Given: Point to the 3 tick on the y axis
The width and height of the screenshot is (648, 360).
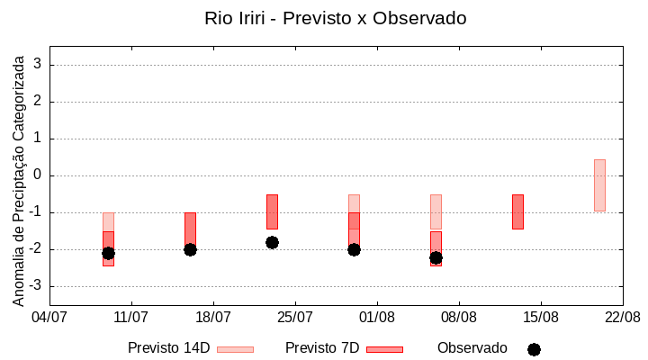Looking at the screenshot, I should [x=38, y=65].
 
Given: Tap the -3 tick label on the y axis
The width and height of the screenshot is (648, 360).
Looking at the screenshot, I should [x=35, y=286].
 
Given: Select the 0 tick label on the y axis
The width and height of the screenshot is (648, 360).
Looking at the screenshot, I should [x=38, y=175].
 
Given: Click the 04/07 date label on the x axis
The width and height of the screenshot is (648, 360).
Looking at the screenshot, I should [x=49, y=317].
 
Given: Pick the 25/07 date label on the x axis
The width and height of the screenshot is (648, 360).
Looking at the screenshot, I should [x=295, y=317].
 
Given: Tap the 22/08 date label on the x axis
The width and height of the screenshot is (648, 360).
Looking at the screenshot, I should [x=622, y=317].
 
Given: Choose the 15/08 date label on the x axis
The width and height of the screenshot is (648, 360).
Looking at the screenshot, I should [x=540, y=317].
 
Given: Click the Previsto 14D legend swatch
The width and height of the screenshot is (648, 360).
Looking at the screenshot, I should [x=235, y=349].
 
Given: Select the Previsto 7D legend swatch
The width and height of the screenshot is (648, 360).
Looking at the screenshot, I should [x=384, y=349].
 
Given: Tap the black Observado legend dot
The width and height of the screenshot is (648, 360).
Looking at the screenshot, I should [x=534, y=349].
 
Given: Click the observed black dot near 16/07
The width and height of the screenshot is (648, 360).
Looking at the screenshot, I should [x=190, y=249].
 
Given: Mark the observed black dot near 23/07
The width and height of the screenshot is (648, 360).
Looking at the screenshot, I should [x=272, y=242].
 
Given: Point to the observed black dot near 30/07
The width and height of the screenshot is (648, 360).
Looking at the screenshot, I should [x=354, y=249].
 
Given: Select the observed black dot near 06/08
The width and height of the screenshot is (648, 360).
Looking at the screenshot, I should [x=436, y=257].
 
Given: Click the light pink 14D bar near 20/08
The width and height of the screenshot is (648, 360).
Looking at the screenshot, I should [x=599, y=185].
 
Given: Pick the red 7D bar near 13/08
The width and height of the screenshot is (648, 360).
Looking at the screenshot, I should [x=517, y=211].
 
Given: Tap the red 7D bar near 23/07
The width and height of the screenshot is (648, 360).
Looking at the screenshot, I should [x=272, y=211].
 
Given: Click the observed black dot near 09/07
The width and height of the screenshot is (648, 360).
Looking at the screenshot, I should [x=108, y=253].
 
